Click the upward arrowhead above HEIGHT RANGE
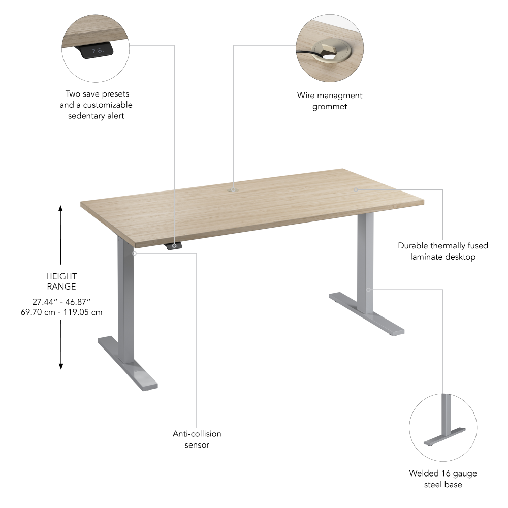60,208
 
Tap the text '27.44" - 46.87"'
60,301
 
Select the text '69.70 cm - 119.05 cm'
60,312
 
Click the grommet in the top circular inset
325,51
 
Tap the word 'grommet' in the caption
330,106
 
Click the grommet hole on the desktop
233,189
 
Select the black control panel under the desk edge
174,246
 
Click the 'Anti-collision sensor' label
197,439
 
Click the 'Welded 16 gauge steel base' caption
443,479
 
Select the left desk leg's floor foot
127,364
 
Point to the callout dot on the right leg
369,290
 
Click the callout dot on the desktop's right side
356,189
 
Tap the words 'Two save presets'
97,94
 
